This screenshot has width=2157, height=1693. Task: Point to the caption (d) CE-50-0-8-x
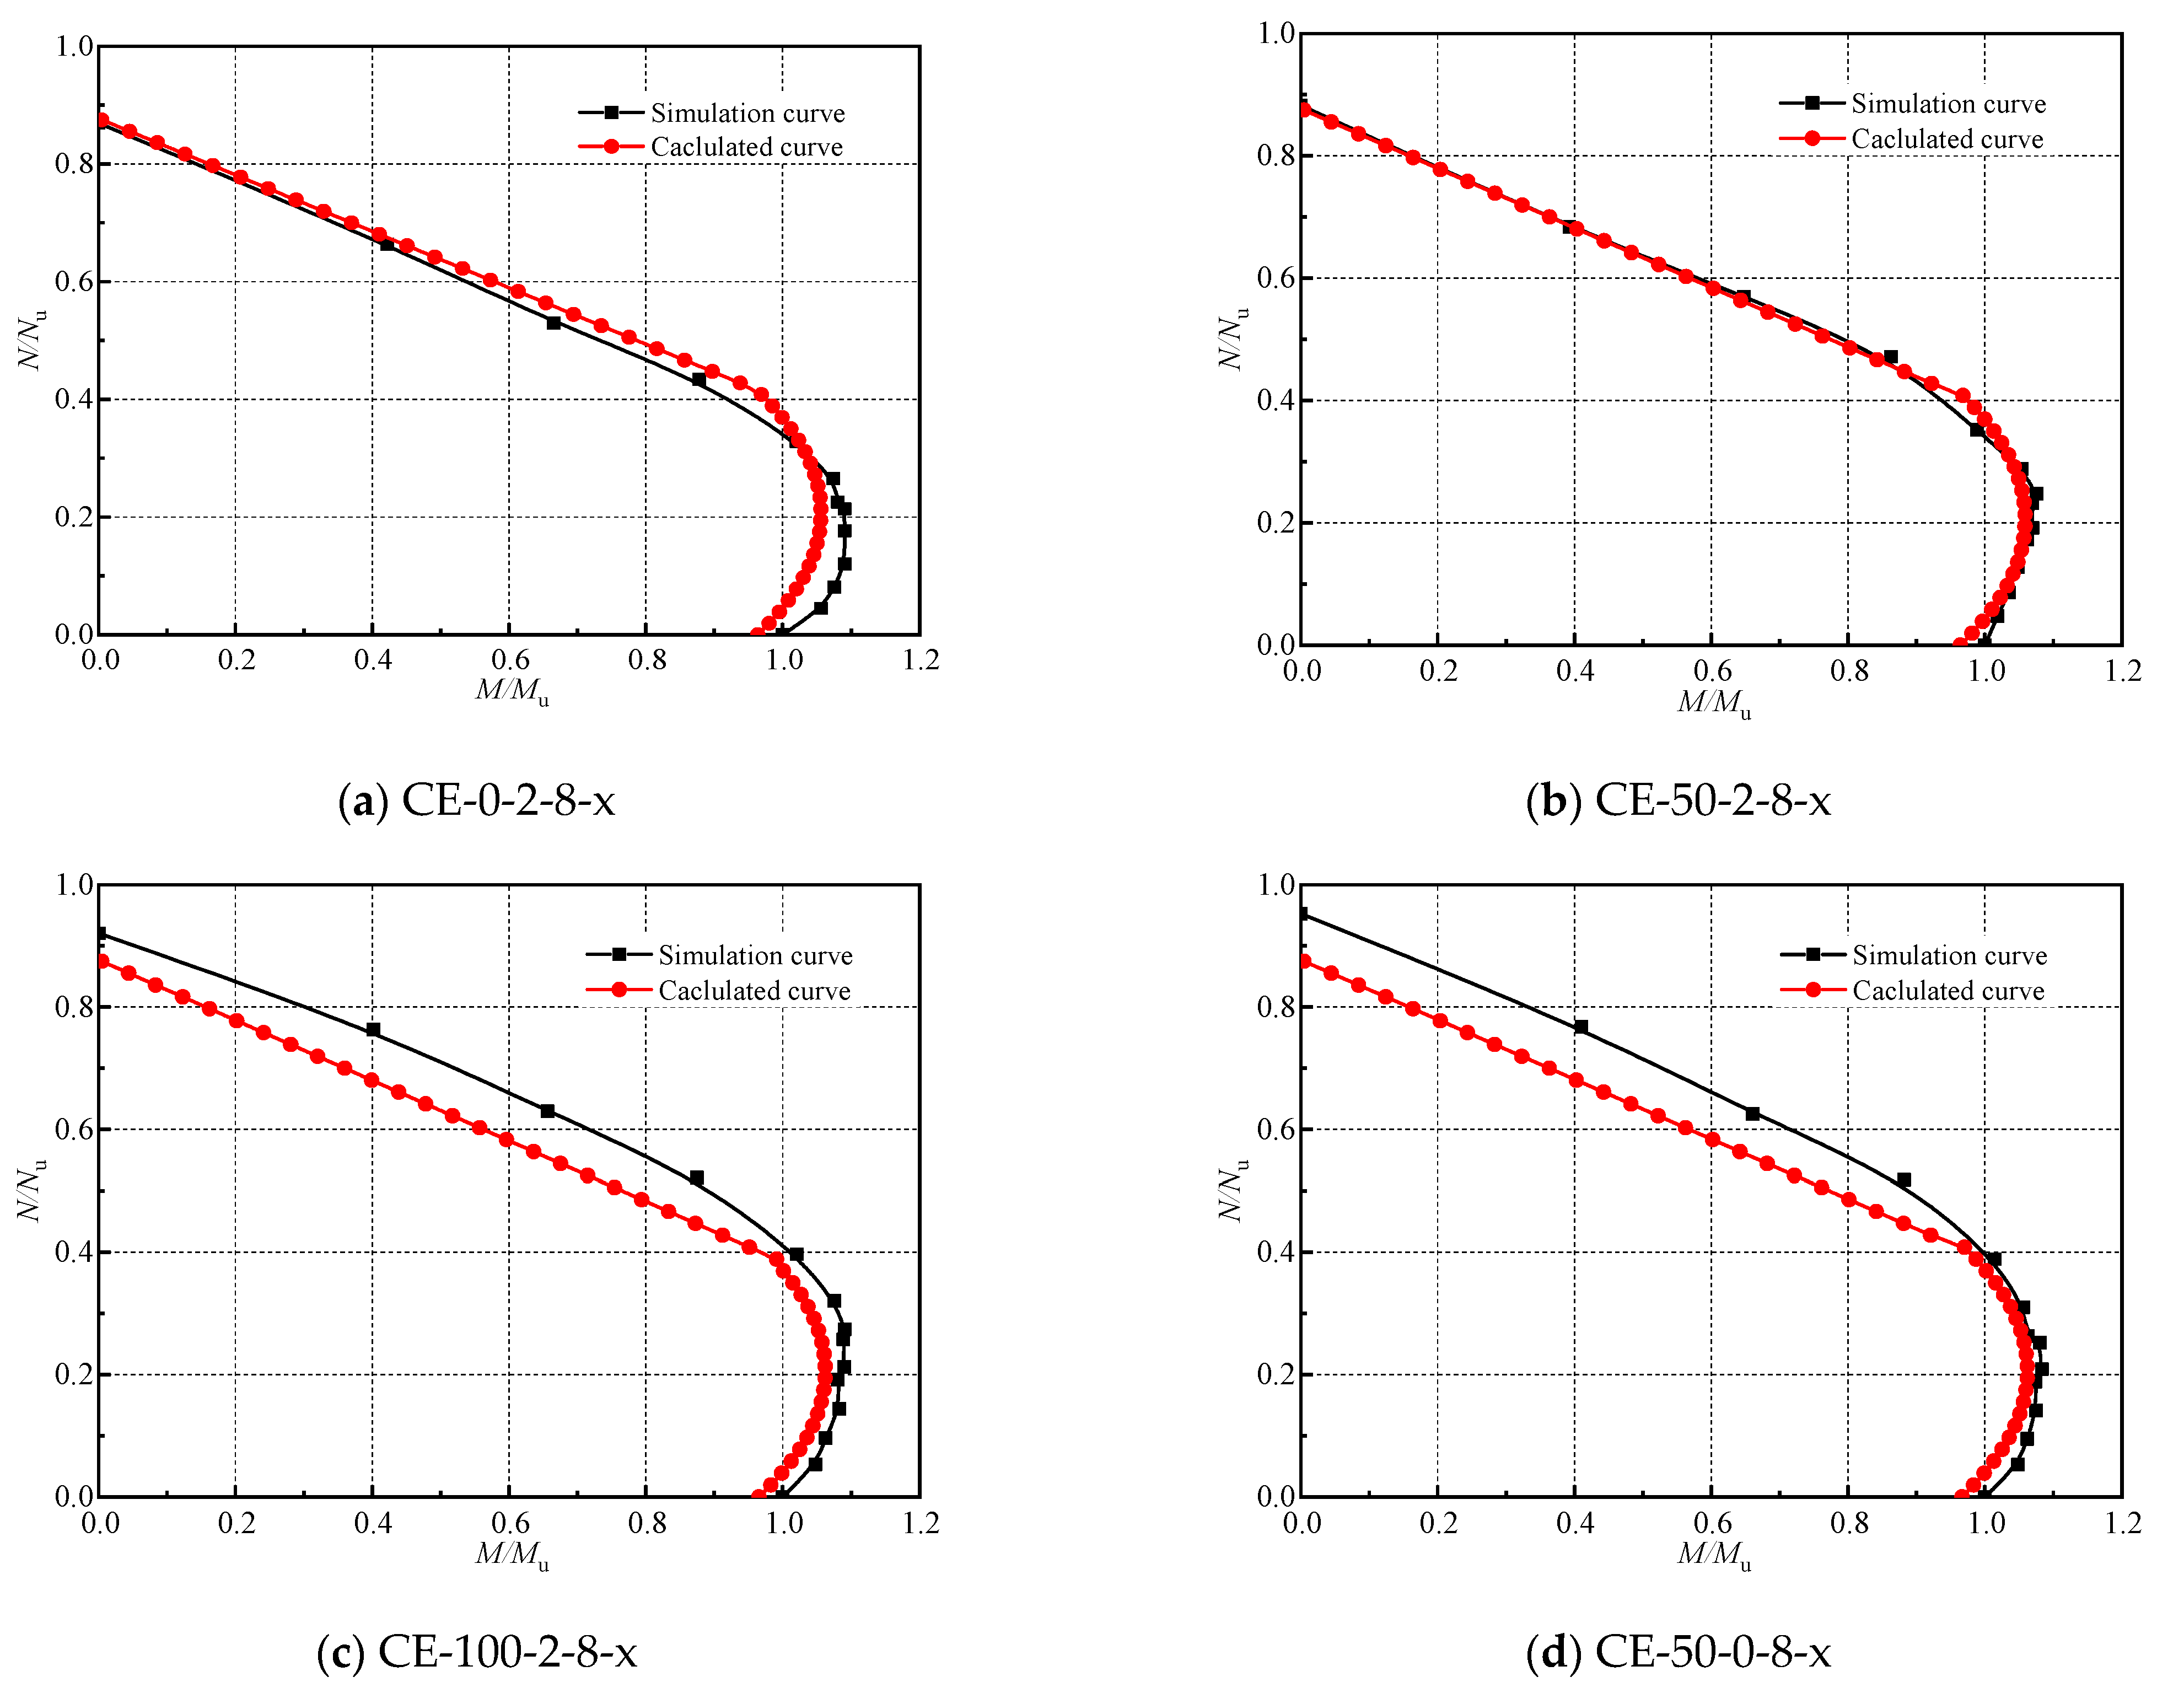(x=1677, y=1651)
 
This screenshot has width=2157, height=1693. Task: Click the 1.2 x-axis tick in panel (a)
(x=920, y=660)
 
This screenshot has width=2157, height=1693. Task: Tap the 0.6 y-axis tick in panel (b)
(x=1276, y=278)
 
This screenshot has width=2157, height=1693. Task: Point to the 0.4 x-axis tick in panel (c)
(x=373, y=1523)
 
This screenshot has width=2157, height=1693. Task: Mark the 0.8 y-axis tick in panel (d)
(x=1276, y=1007)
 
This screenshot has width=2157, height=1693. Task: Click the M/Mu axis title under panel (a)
(x=512, y=691)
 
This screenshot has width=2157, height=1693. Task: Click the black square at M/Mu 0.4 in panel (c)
(x=373, y=1030)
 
